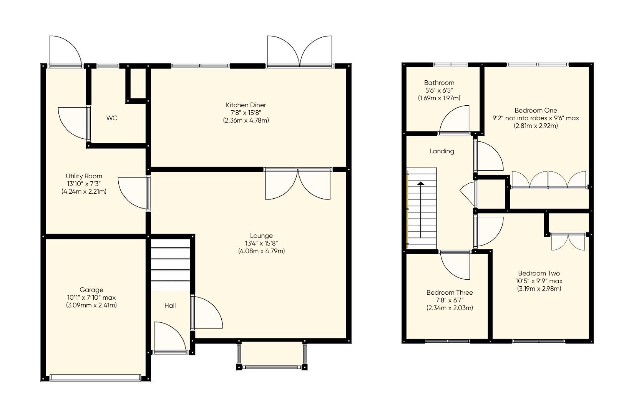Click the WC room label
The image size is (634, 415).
(112, 118)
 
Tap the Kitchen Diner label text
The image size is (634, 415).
(246, 105)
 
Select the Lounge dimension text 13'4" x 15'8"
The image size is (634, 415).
(261, 243)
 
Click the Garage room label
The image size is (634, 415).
(91, 290)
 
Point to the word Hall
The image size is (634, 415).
(170, 305)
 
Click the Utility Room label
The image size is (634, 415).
(84, 176)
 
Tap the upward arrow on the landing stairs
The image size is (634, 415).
(421, 209)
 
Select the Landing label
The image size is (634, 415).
(441, 151)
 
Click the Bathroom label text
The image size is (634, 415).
(439, 83)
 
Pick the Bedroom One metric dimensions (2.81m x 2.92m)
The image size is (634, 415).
(536, 126)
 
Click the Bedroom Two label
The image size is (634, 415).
(539, 273)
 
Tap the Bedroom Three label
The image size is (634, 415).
(450, 292)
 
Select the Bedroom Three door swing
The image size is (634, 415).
(456, 266)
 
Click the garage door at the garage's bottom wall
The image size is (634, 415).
(95, 378)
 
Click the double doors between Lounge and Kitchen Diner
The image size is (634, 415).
(298, 184)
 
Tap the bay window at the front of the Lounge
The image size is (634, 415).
(272, 367)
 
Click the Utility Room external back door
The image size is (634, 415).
(65, 52)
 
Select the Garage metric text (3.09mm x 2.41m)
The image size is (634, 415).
(91, 305)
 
